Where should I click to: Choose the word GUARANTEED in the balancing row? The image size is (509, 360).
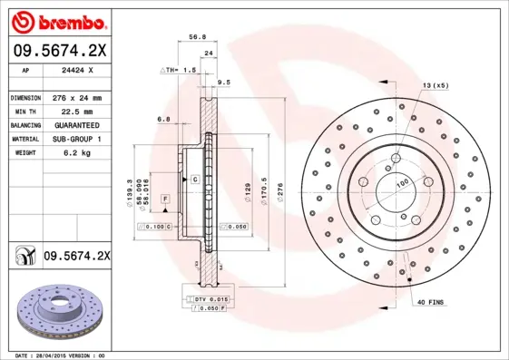[74, 124]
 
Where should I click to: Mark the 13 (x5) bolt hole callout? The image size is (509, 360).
[434, 84]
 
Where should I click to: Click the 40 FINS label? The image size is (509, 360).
[430, 301]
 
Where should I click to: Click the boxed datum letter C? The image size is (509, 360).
[194, 180]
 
